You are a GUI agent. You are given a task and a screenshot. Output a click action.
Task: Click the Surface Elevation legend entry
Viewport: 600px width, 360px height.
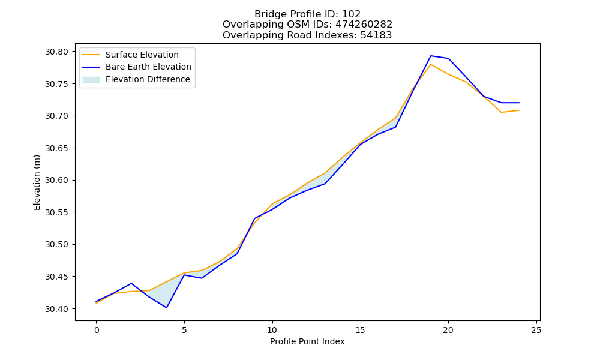[x=130, y=55]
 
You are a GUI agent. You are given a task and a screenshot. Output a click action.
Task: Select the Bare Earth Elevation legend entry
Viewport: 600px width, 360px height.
[x=137, y=67]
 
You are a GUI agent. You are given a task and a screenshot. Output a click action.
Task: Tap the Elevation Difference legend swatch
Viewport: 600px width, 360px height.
[x=91, y=79]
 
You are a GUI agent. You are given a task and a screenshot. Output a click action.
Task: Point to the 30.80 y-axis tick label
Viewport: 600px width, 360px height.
[x=56, y=52]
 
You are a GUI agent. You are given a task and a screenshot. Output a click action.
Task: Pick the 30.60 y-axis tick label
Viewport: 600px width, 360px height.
[x=56, y=180]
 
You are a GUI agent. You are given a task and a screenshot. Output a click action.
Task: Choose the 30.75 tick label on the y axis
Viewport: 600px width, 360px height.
[x=56, y=84]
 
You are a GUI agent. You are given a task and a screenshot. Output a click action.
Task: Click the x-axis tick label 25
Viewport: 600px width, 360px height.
[x=536, y=330]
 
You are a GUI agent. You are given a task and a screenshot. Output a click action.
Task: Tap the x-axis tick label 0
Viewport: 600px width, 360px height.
[x=97, y=330]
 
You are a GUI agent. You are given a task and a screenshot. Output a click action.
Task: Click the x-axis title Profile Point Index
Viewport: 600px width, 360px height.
[x=307, y=341]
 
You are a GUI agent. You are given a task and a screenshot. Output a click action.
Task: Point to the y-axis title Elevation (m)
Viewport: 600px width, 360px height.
[x=37, y=182]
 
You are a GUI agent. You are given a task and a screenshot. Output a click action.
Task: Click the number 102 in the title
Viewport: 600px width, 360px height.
[x=351, y=14]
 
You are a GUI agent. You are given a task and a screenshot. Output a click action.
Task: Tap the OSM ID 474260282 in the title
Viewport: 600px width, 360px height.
[x=364, y=25]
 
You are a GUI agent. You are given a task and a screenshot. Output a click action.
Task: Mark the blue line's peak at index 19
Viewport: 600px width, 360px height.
[x=431, y=56]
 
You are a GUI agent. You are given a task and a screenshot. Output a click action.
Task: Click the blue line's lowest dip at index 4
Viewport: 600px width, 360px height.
[x=166, y=308]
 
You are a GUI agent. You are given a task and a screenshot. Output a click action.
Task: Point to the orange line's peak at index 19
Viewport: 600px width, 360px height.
[x=431, y=64]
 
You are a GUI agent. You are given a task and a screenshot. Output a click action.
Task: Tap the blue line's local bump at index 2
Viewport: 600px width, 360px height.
[x=131, y=283]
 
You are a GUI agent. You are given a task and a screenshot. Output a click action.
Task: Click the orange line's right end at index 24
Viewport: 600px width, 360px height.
[x=519, y=110]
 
